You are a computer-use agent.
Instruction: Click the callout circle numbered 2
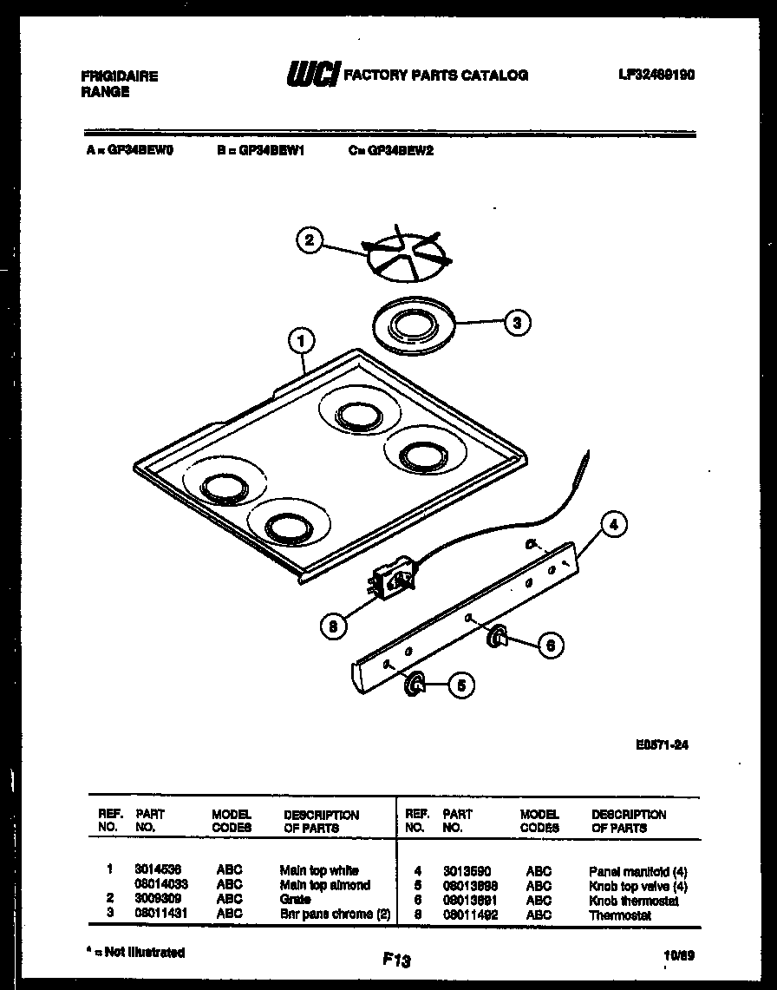310,240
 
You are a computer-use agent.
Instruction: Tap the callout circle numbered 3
518,323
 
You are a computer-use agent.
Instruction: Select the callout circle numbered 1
301,343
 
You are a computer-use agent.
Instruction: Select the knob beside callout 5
416,684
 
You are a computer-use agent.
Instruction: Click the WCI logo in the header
312,75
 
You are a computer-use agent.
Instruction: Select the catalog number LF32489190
656,75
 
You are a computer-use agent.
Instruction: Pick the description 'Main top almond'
324,885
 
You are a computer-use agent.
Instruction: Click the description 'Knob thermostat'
633,901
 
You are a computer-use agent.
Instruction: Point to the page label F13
395,960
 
